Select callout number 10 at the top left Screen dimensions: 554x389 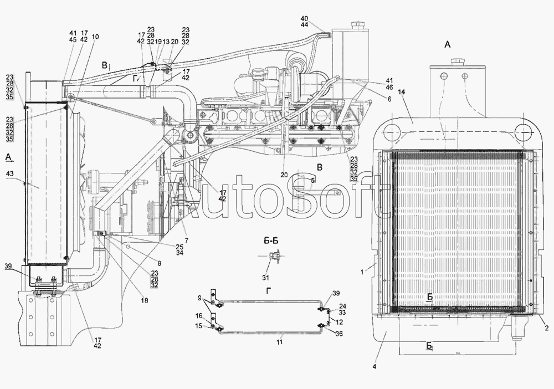point(95,37)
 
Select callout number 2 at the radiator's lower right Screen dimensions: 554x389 point(546,329)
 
